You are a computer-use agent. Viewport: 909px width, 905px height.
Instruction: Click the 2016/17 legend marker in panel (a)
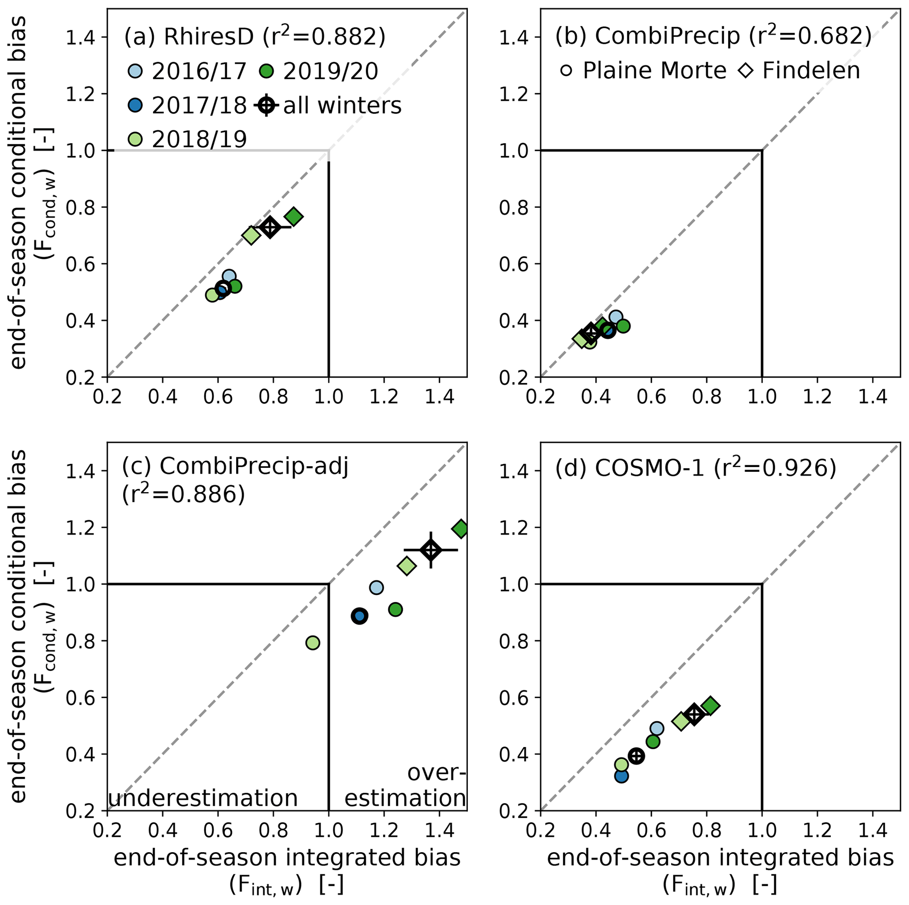coord(135,71)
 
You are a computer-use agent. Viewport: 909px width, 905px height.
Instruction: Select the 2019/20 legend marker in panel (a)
coord(266,71)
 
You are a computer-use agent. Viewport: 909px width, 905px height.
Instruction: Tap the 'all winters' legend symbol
coord(267,105)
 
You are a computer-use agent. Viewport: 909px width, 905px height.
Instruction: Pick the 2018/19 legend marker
coord(135,139)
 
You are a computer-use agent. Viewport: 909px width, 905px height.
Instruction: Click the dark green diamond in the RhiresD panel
coord(294,217)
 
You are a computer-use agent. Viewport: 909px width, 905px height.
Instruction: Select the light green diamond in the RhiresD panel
coord(251,235)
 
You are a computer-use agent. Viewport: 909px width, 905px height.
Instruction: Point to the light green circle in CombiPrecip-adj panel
coord(313,643)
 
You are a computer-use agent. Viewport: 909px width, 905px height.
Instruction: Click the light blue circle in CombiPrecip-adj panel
coord(376,588)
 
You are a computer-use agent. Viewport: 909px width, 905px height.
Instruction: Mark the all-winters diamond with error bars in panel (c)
coord(431,550)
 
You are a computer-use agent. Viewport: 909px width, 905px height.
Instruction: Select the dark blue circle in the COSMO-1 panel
coord(621,776)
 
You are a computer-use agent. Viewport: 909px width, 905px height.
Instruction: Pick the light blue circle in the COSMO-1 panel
coord(657,728)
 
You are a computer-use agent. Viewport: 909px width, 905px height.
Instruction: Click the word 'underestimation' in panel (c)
coord(203,798)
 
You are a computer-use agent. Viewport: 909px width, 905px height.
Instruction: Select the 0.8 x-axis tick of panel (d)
coord(707,830)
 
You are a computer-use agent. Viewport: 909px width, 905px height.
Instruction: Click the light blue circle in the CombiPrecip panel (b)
coord(616,317)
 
